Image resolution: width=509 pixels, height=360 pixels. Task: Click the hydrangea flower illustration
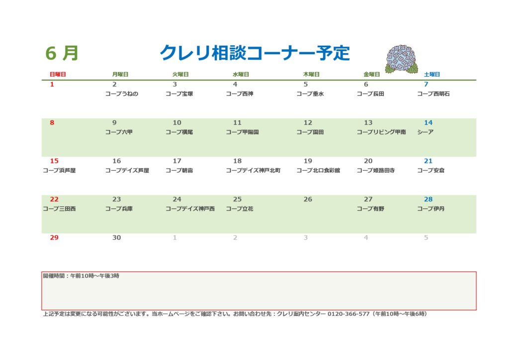tap(402, 59)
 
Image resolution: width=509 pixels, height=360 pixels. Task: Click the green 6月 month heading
tap(62, 53)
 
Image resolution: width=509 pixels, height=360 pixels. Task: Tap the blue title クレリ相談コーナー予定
tap(255, 53)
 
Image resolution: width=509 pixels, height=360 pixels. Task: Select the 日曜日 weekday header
tap(58, 75)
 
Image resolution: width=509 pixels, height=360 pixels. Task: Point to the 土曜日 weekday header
tap(432, 75)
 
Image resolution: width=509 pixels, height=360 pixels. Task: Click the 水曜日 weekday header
tap(241, 75)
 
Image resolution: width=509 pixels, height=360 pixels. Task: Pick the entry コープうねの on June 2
tap(122, 94)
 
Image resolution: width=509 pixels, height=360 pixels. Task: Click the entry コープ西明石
tap(433, 94)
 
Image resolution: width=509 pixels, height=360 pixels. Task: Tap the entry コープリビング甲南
tap(381, 132)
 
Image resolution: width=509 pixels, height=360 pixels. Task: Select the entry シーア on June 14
tap(425, 132)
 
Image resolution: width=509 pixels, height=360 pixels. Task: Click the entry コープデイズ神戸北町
tap(253, 171)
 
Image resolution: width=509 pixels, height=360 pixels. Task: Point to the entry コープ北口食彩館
tap(318, 171)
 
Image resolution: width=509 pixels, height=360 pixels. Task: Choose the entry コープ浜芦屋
tap(59, 171)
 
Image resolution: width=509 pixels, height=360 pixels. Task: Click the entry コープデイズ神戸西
tap(190, 209)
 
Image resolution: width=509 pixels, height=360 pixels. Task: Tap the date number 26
tap(308, 199)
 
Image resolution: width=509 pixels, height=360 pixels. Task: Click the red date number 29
tap(54, 238)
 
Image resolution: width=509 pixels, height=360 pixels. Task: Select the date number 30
tap(116, 238)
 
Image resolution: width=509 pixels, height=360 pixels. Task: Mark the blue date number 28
tap(428, 199)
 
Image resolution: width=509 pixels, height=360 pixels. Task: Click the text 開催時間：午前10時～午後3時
tap(81, 276)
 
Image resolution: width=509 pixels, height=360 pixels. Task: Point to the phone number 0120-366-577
tap(348, 314)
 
